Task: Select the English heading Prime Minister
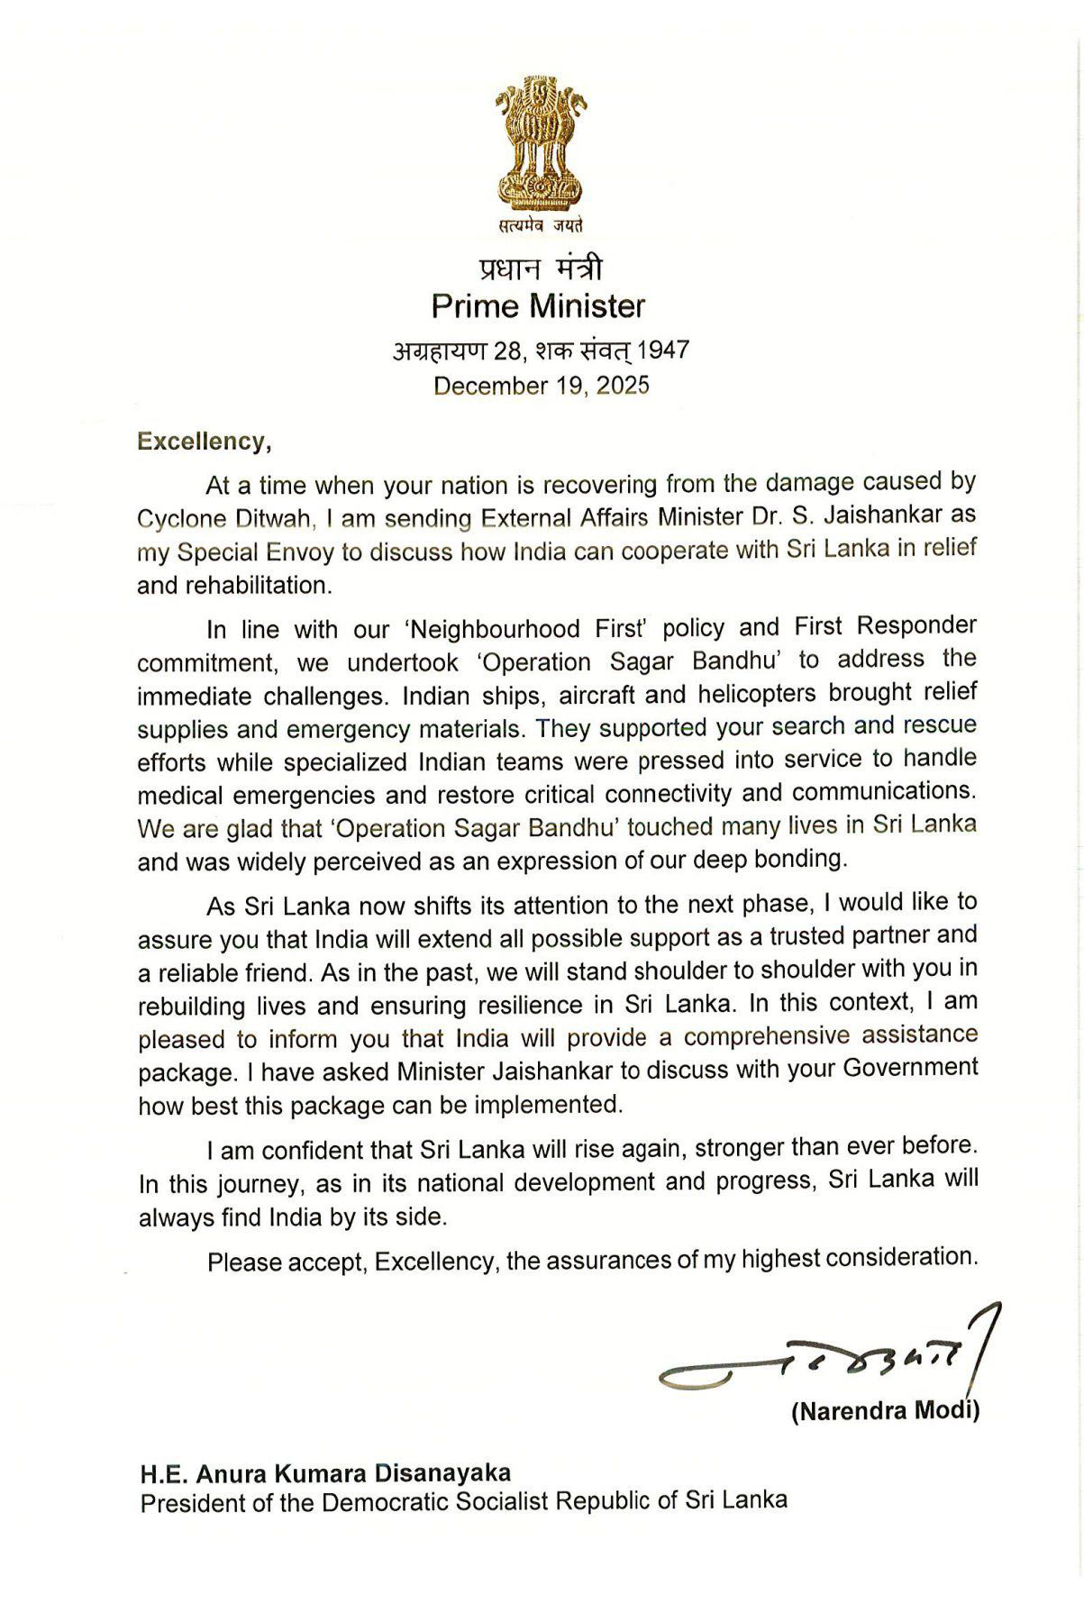(x=538, y=306)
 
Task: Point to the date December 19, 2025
(x=541, y=386)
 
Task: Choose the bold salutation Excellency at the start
(x=202, y=442)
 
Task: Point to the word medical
(x=181, y=796)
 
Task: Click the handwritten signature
(x=820, y=1356)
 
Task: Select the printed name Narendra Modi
(x=885, y=1411)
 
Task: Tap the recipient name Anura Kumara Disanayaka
(x=351, y=1473)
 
